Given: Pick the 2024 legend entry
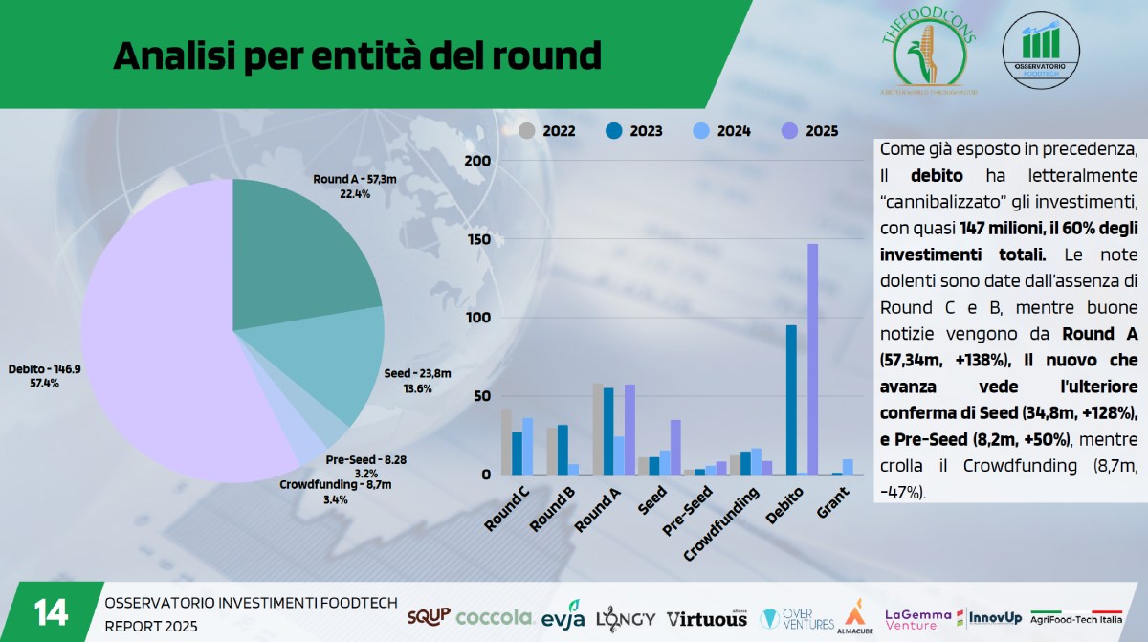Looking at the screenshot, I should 722,131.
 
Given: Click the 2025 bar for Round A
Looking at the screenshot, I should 630,430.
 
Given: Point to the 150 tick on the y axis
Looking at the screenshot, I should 475,239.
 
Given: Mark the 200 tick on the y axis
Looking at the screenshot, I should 475,161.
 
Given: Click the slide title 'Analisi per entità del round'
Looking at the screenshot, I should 357,56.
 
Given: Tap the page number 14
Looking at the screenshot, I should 50,611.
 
